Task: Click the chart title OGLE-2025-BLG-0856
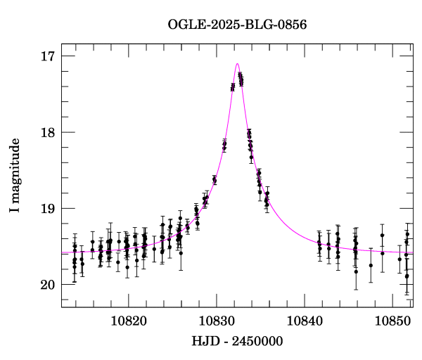click(x=237, y=25)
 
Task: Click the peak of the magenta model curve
click(x=238, y=64)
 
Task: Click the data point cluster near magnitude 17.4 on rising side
click(x=233, y=87)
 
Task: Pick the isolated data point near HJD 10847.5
click(x=371, y=265)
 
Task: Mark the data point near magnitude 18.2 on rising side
click(x=224, y=146)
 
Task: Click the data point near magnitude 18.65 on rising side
click(x=215, y=181)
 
